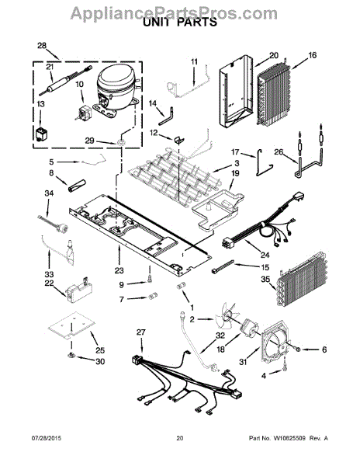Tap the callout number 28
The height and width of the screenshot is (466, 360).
tap(42, 46)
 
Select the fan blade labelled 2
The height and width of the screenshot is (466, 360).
tap(227, 318)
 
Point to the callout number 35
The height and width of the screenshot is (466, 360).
tap(265, 280)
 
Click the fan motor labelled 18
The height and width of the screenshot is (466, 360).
tap(249, 328)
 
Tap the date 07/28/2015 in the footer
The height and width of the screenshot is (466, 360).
tap(46, 438)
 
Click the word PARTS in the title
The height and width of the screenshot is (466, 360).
tap(197, 23)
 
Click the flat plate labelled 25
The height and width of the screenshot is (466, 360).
tap(71, 324)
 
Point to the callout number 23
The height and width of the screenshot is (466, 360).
tap(119, 270)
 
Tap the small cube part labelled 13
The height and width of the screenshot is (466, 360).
tap(40, 134)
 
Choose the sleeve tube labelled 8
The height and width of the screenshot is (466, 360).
tap(76, 186)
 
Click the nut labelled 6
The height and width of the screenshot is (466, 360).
tap(298, 349)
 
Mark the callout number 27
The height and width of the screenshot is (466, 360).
tap(141, 332)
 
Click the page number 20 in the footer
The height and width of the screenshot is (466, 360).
tap(180, 438)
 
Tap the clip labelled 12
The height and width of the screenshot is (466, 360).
tap(178, 140)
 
